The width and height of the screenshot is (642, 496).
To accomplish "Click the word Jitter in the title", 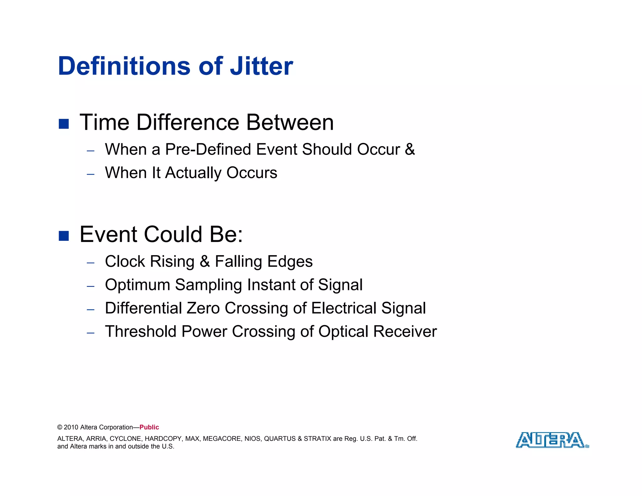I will click(x=261, y=66).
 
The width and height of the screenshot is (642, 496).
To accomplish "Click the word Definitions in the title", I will click(x=124, y=66).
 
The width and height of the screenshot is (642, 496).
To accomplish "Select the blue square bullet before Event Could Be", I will click(x=64, y=236).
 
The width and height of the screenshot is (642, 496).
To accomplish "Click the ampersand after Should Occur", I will click(x=410, y=149).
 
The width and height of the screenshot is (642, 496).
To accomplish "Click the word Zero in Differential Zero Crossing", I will click(x=203, y=308).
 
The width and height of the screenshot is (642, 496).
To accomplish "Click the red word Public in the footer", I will click(x=149, y=427).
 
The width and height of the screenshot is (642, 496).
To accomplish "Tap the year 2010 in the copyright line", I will click(x=71, y=427).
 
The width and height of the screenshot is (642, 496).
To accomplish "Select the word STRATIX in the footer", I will click(x=317, y=439).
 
